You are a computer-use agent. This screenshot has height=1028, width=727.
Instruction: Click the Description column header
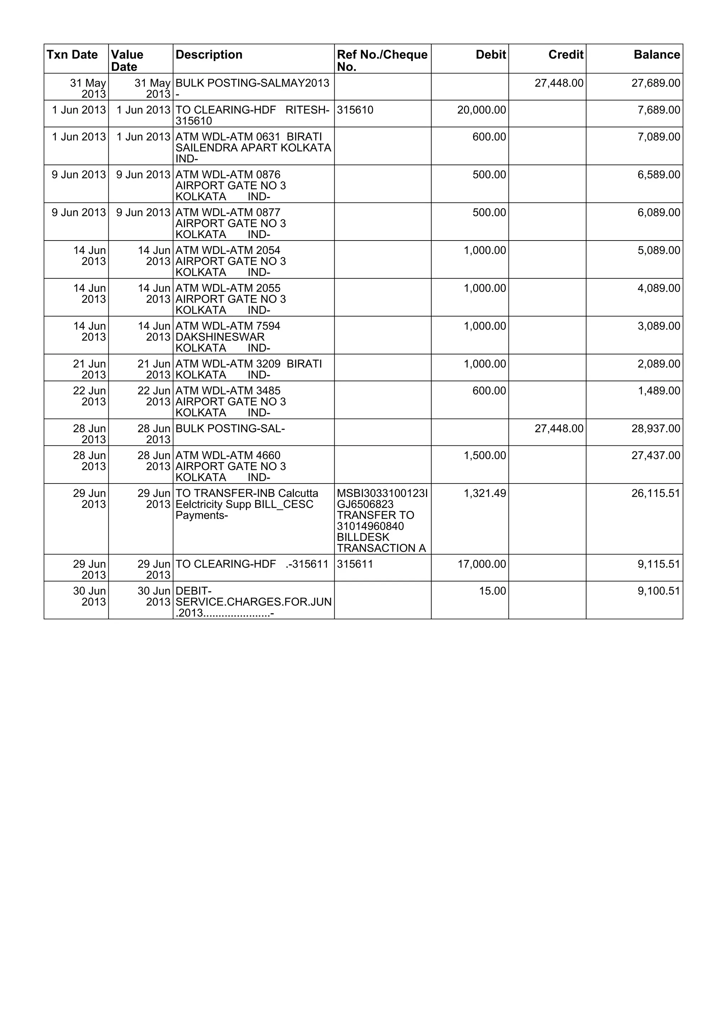click(x=209, y=55)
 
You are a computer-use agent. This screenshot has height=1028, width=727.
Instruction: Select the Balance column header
click(x=656, y=55)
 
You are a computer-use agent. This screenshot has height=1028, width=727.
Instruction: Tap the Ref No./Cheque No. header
click(x=382, y=60)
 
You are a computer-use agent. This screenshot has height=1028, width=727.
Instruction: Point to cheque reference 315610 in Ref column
click(x=355, y=110)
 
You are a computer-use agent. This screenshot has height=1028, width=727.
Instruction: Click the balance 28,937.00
click(x=655, y=429)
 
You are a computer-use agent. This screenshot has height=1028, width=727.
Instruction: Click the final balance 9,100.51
click(x=658, y=591)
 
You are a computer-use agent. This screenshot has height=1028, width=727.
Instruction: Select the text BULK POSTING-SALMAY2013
click(x=252, y=83)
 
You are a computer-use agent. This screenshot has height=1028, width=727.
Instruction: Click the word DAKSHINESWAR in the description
click(x=220, y=337)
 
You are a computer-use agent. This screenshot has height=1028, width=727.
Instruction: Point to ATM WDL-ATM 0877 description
click(x=228, y=213)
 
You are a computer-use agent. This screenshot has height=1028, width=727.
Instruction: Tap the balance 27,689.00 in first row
click(x=655, y=83)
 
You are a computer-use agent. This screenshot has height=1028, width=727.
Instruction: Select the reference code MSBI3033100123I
click(x=382, y=493)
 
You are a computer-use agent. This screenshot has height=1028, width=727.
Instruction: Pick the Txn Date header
click(x=72, y=55)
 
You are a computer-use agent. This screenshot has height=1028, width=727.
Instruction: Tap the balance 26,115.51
click(x=655, y=493)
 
